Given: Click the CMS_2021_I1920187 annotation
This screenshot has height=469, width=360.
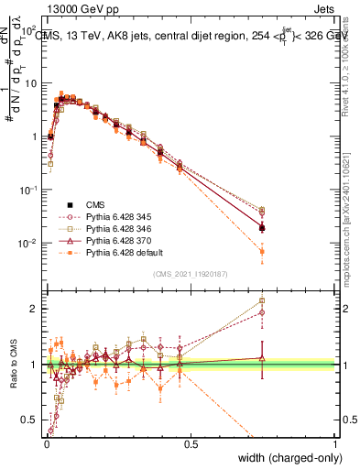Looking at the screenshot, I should coord(191,273).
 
